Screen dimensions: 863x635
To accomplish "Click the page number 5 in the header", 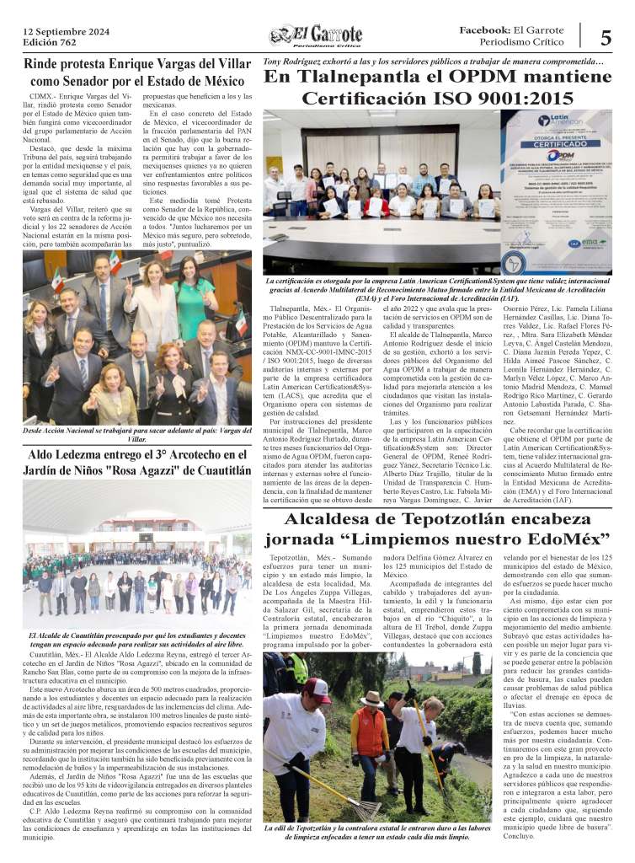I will [606, 37].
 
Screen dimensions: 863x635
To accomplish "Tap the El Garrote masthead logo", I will [316, 36].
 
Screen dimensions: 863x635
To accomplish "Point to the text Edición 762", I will [50, 44].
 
